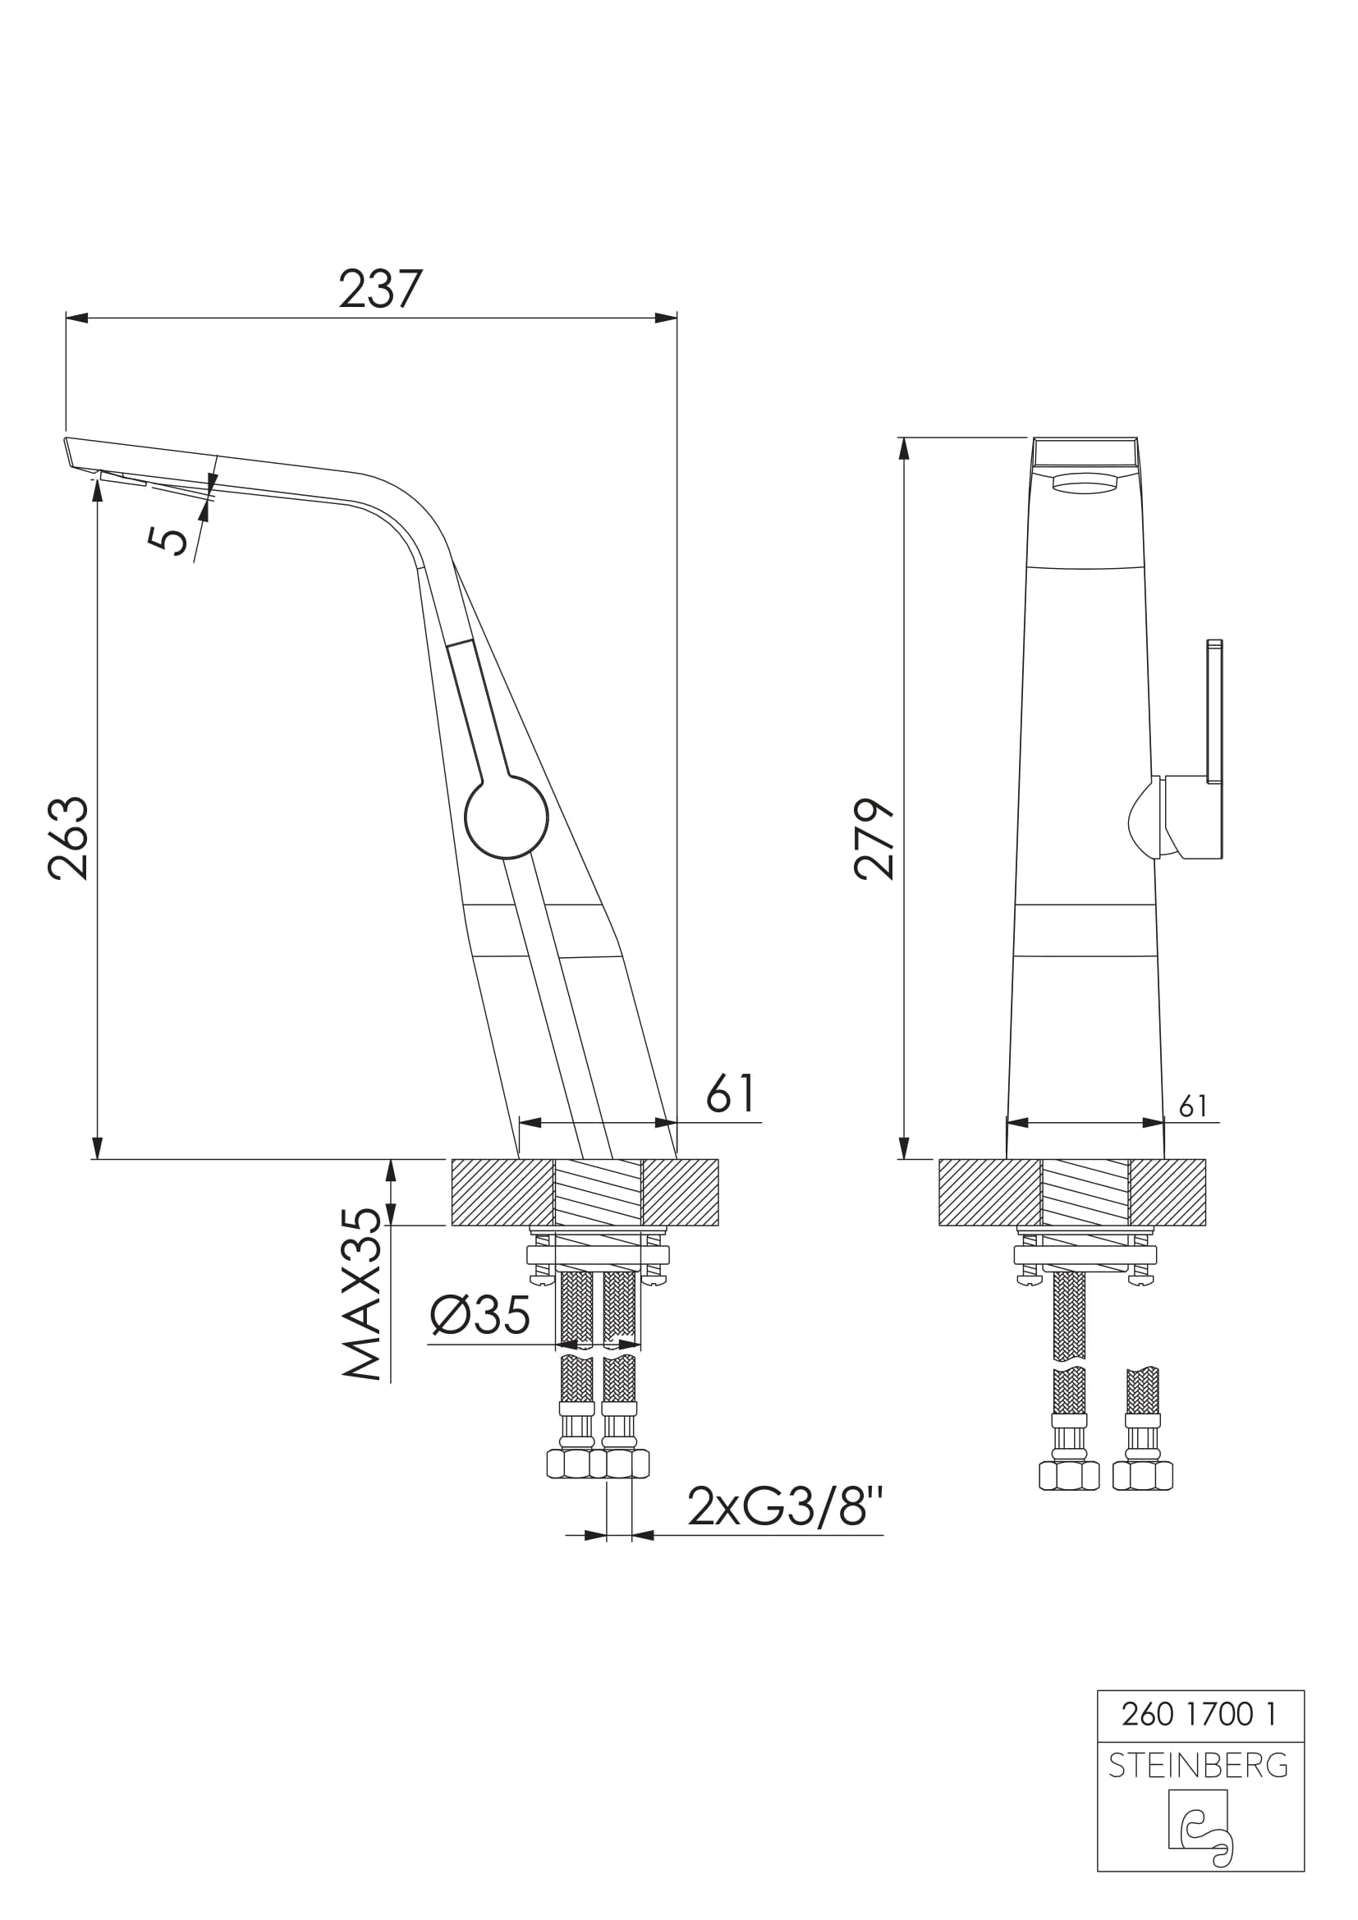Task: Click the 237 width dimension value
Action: coord(380,289)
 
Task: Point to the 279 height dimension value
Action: coord(874,839)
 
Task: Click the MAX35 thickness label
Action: coord(362,1295)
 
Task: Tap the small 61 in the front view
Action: coord(1193,1107)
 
